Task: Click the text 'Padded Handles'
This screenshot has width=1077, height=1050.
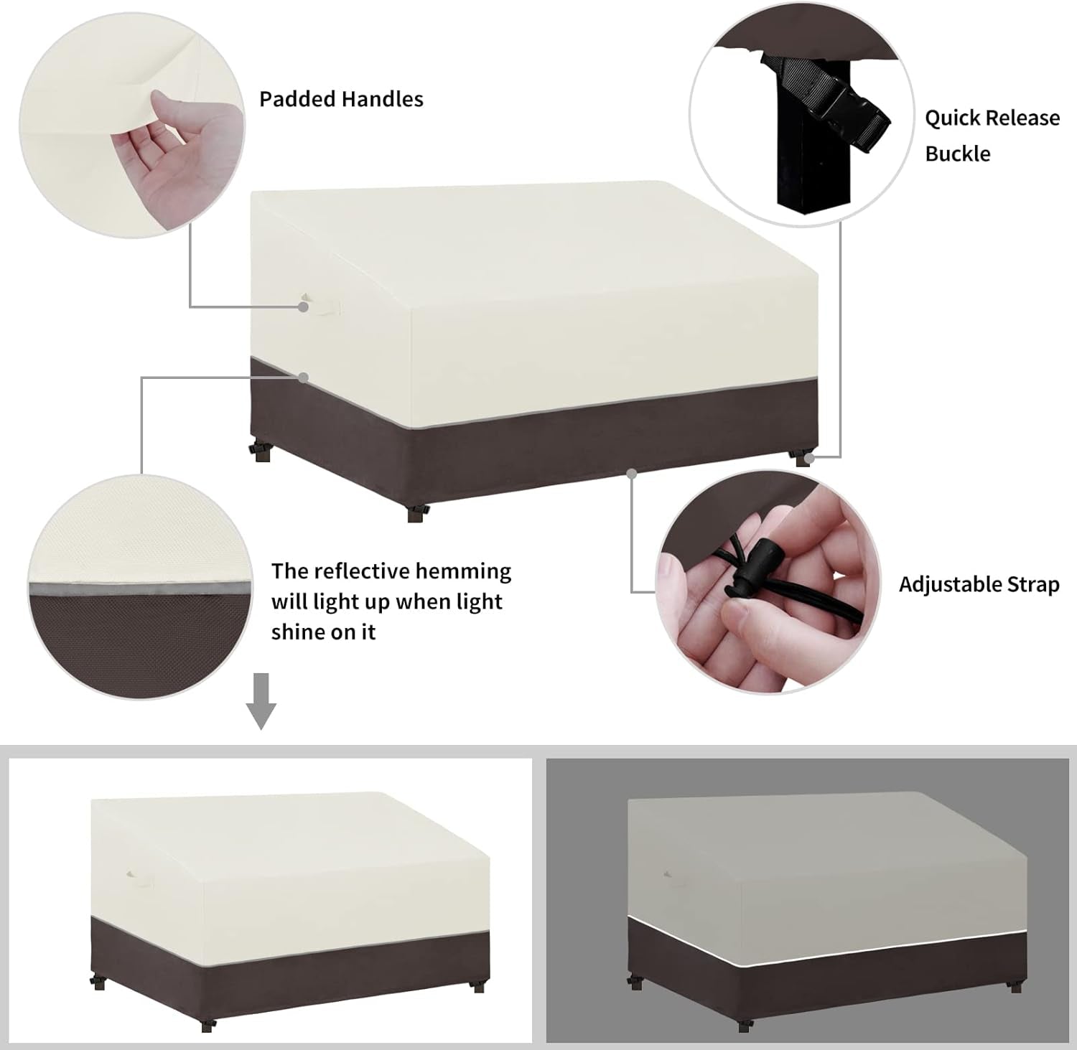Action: click(x=341, y=99)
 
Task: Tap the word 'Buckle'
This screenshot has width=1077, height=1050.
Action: click(x=958, y=154)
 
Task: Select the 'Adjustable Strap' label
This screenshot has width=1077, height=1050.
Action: click(x=979, y=584)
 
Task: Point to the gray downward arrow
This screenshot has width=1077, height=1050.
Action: click(x=261, y=701)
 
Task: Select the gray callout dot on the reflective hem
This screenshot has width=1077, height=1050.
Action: click(x=304, y=378)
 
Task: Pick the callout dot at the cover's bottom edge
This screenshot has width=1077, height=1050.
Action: click(x=632, y=474)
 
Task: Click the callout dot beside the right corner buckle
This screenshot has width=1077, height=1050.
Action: click(x=810, y=456)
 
